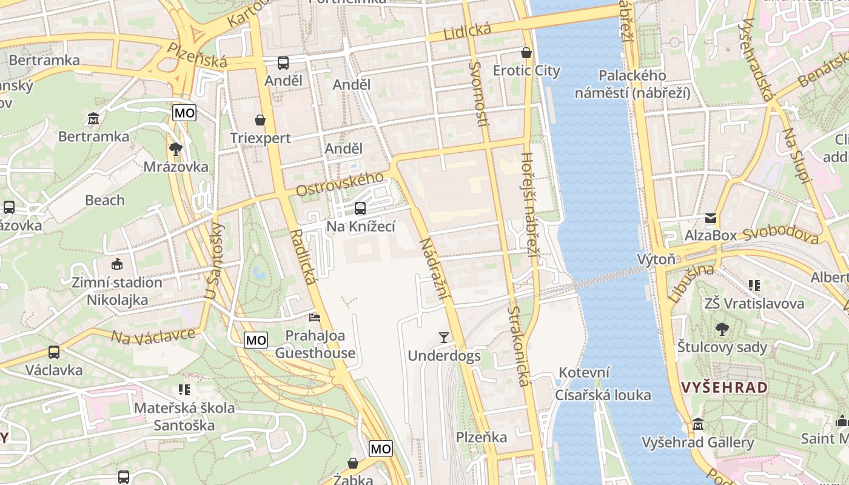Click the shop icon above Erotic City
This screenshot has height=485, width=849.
point(526,53)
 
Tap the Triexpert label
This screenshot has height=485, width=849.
point(260,138)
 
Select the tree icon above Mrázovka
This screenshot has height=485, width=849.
point(176,149)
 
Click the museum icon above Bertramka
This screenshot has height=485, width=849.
point(93,118)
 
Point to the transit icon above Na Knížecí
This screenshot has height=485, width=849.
point(360,209)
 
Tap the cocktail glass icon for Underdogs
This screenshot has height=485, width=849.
point(444,338)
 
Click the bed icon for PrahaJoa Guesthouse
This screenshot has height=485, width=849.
point(315,317)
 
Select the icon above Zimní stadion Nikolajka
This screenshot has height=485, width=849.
point(116,264)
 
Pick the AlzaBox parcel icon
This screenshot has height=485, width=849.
point(710,218)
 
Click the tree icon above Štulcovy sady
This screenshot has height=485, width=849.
point(722,329)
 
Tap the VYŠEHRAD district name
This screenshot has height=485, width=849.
point(724,387)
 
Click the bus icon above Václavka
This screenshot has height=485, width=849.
point(54,352)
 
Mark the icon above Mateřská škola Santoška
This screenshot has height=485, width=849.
point(184,390)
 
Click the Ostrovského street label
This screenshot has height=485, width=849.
point(340,184)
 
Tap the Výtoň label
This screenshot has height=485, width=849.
point(656,259)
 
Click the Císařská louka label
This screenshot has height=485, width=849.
point(603,395)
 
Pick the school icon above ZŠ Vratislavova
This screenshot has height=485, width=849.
point(754,285)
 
